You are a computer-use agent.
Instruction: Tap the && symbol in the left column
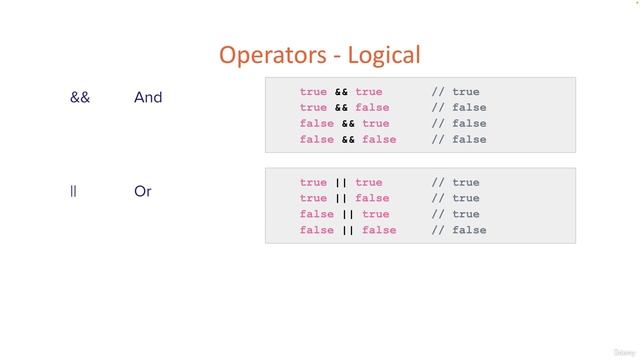click(x=80, y=98)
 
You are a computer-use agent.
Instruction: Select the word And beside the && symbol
click(x=148, y=98)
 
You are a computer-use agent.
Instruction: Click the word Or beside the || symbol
click(x=142, y=191)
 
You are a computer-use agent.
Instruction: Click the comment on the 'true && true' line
click(x=455, y=92)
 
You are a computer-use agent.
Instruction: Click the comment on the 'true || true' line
click(x=455, y=183)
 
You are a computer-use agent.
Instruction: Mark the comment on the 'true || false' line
click(x=455, y=199)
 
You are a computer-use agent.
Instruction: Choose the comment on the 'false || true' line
click(x=455, y=215)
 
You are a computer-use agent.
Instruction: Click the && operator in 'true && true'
click(x=341, y=92)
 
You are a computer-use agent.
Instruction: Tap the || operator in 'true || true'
click(x=341, y=183)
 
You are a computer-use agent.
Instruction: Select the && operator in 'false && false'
click(x=348, y=140)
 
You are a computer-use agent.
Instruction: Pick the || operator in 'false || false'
click(x=348, y=231)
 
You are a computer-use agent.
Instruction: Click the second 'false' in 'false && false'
click(x=379, y=140)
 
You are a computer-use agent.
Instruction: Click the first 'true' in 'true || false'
click(x=313, y=199)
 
